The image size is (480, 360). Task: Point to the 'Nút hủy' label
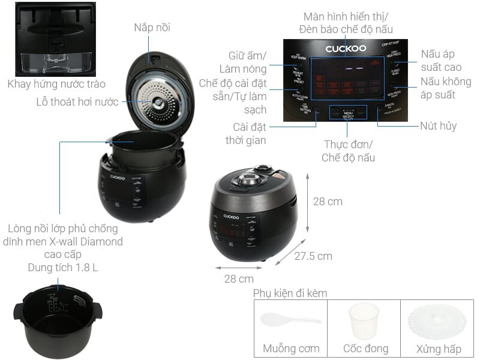439,126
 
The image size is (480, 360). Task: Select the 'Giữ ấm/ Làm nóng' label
247,62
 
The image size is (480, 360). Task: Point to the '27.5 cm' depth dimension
313,256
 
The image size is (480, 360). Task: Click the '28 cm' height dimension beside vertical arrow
328,202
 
